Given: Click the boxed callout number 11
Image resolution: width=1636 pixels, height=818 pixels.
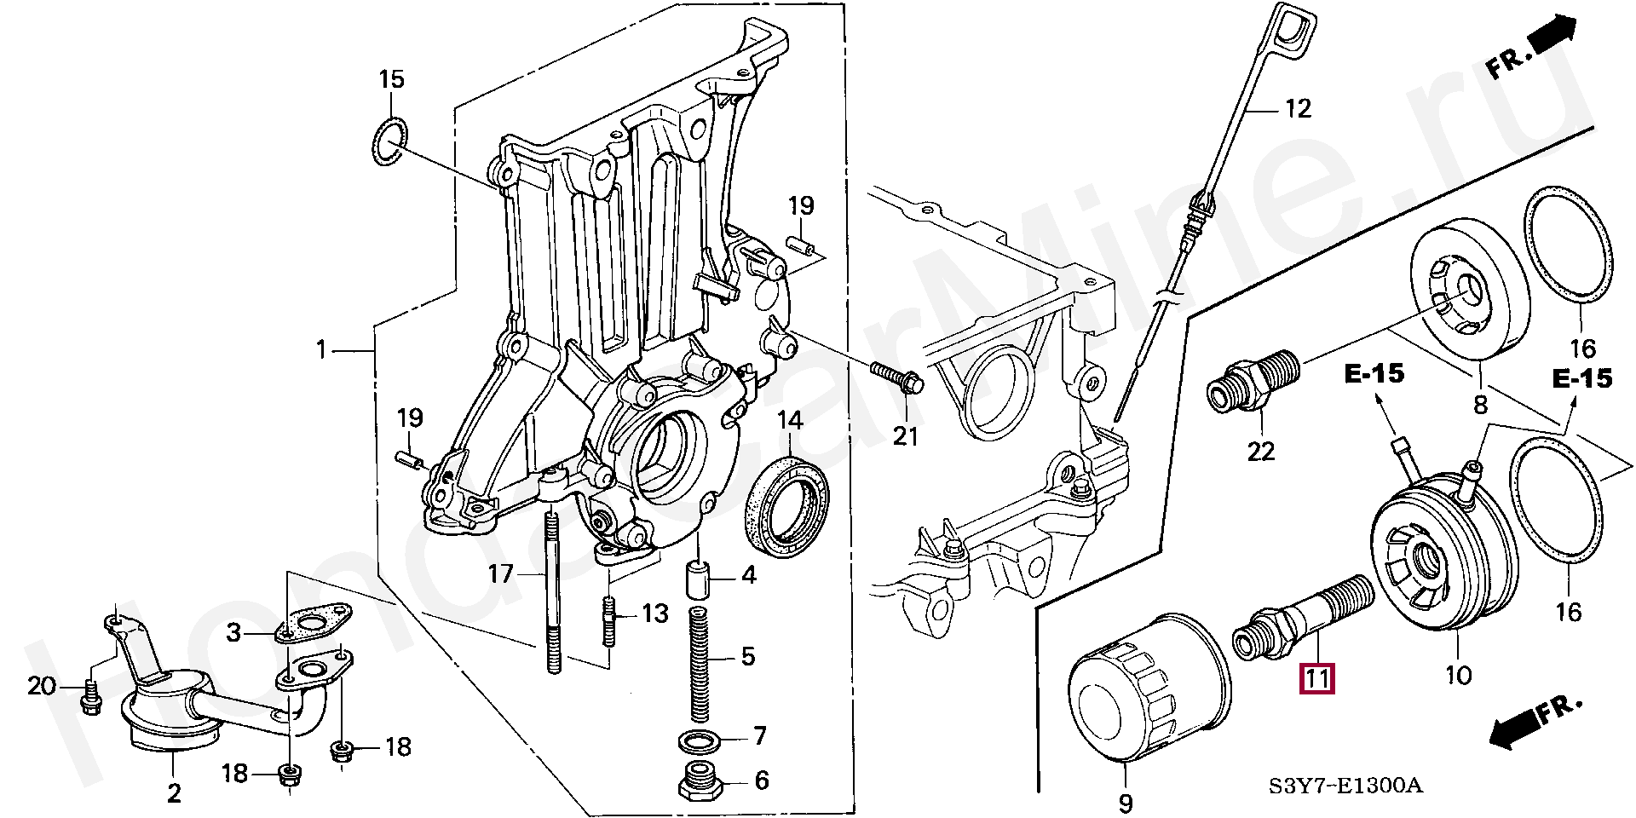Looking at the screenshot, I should point(1316,679).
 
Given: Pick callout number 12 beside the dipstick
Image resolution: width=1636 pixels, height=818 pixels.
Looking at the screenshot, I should point(1297,108).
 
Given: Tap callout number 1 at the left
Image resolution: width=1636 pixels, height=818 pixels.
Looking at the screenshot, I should point(321,350).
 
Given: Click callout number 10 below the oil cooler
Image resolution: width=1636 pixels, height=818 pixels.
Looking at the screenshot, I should point(1458,675).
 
